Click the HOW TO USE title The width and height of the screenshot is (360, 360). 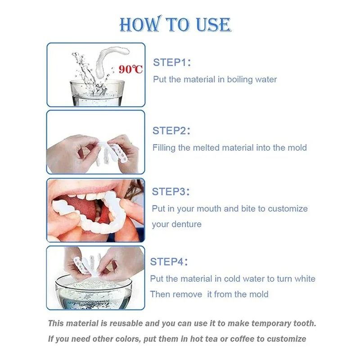pos(175,24)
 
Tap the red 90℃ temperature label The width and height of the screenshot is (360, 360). pos(131,69)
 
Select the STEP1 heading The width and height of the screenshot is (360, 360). pos(172,62)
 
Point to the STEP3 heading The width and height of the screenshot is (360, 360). pos(171,191)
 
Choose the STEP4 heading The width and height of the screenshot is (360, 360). pos(169,261)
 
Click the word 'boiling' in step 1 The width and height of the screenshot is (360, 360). pos(240,80)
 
